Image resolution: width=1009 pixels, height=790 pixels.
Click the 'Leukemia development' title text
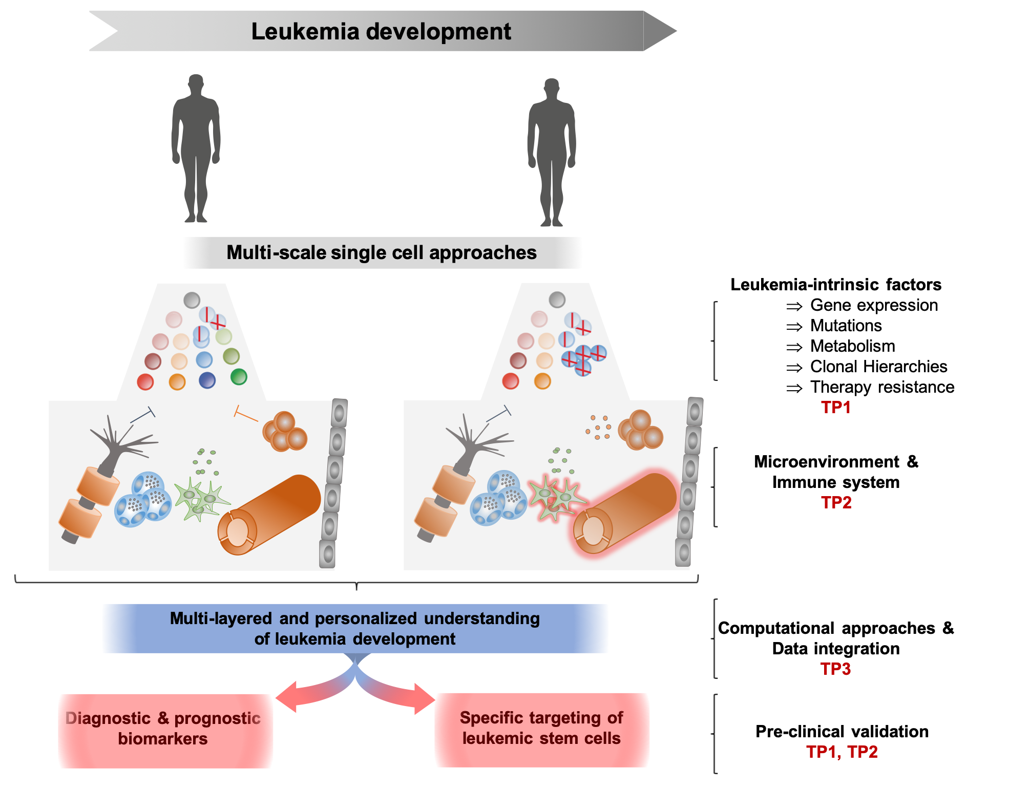coord(381,31)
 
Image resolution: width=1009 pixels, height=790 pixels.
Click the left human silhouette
coord(196,148)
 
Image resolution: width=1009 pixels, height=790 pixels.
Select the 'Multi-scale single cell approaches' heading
coord(382,252)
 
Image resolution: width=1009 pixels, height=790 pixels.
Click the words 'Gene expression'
coord(874,305)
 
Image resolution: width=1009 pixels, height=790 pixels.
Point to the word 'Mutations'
coord(846,326)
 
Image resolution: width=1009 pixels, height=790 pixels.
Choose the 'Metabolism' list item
coord(852,346)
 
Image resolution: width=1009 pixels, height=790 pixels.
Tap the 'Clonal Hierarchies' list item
coord(878,367)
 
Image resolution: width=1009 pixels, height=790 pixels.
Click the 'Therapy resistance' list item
coord(882,387)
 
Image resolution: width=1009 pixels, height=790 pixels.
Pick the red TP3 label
coord(835,669)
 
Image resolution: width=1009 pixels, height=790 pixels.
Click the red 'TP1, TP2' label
coord(842,752)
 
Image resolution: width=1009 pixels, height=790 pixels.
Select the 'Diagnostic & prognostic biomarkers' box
coord(163,729)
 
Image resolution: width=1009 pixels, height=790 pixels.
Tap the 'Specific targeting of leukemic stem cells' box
coord(541,728)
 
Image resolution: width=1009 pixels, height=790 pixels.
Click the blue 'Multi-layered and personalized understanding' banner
coord(355,628)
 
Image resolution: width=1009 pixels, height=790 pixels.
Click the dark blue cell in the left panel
coord(207,380)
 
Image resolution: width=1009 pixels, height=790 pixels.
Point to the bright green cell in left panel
coord(239,377)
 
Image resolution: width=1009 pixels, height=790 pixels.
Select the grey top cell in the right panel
coord(557,300)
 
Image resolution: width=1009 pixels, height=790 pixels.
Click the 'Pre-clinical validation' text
coord(842,731)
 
